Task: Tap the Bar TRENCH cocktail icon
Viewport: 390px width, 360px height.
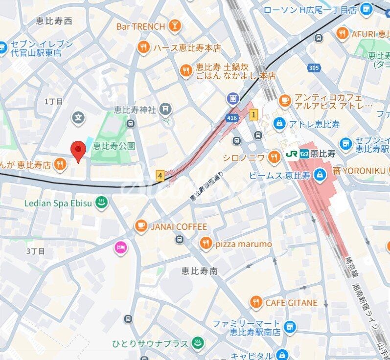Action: [x=174, y=26]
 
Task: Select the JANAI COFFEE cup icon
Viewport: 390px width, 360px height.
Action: [x=141, y=226]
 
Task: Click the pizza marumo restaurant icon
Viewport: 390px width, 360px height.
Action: [x=206, y=244]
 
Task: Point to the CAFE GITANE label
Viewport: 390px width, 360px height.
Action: [x=291, y=303]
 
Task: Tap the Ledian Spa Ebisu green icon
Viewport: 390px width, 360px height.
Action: [x=101, y=203]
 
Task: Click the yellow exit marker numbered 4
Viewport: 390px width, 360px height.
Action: [x=160, y=175]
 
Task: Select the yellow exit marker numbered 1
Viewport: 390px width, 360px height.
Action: [x=253, y=115]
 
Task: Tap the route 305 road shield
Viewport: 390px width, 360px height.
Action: [x=313, y=68]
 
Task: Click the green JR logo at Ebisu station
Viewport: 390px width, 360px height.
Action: [x=292, y=154]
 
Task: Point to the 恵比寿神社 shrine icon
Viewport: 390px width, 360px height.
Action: [x=166, y=108]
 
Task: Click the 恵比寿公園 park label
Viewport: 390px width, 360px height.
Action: [x=114, y=145]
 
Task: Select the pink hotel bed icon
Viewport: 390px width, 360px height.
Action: [x=120, y=248]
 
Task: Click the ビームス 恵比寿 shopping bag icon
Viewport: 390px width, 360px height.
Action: [x=319, y=174]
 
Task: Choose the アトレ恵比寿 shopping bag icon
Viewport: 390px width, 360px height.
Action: [x=279, y=123]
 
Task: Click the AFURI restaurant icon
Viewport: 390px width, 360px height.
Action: [x=342, y=34]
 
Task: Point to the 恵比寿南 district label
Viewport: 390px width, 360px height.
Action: [x=199, y=270]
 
